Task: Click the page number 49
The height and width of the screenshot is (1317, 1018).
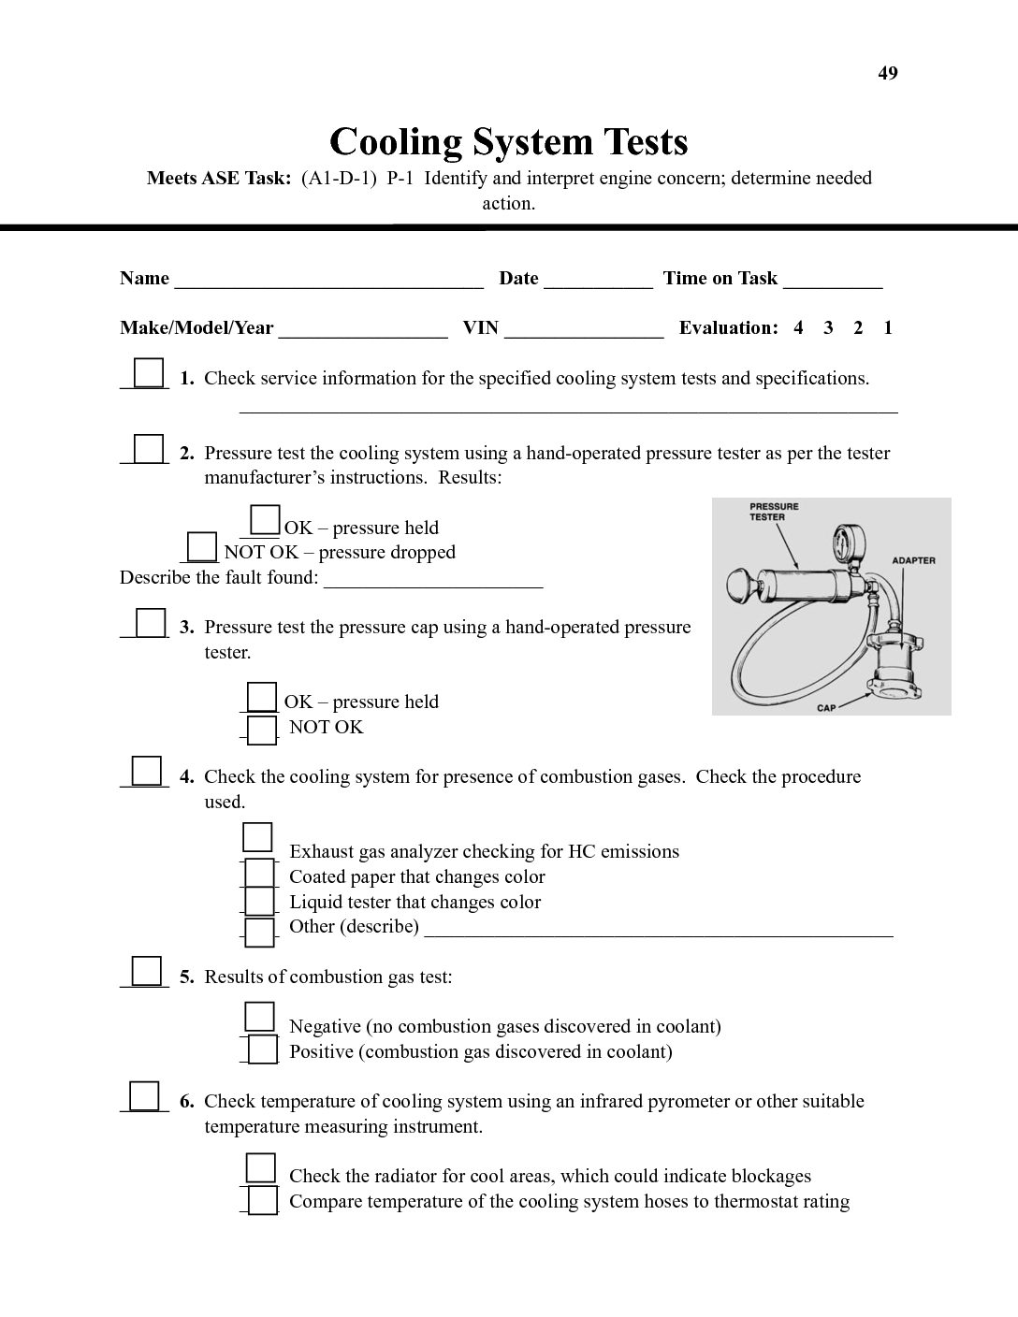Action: pyautogui.click(x=888, y=73)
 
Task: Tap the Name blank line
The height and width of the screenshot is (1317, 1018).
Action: pyautogui.click(x=328, y=280)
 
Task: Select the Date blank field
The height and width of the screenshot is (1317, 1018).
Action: pyautogui.click(x=598, y=280)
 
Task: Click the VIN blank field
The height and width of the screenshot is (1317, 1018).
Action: pyautogui.click(x=584, y=329)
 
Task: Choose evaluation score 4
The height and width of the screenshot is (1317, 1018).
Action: pyautogui.click(x=798, y=327)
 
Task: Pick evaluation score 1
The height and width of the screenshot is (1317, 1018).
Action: pyautogui.click(x=888, y=327)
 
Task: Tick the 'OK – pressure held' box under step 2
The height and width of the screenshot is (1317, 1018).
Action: pyautogui.click(x=266, y=519)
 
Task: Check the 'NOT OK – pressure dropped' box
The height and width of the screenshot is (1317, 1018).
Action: pyautogui.click(x=201, y=545)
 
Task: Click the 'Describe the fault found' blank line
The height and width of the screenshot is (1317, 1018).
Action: pyautogui.click(x=433, y=580)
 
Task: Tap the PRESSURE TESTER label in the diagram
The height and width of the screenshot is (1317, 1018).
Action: pyautogui.click(x=775, y=512)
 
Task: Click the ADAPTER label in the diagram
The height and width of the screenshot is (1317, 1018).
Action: pyautogui.click(x=913, y=560)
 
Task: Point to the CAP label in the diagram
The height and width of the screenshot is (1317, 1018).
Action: pyautogui.click(x=826, y=708)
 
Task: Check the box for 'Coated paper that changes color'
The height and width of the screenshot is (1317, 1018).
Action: pyautogui.click(x=260, y=874)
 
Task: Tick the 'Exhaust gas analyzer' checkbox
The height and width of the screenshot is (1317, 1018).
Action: pyautogui.click(x=257, y=836)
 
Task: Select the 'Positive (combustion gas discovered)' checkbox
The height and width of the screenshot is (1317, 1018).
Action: pyautogui.click(x=262, y=1049)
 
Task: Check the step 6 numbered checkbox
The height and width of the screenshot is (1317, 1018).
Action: pyautogui.click(x=144, y=1095)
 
